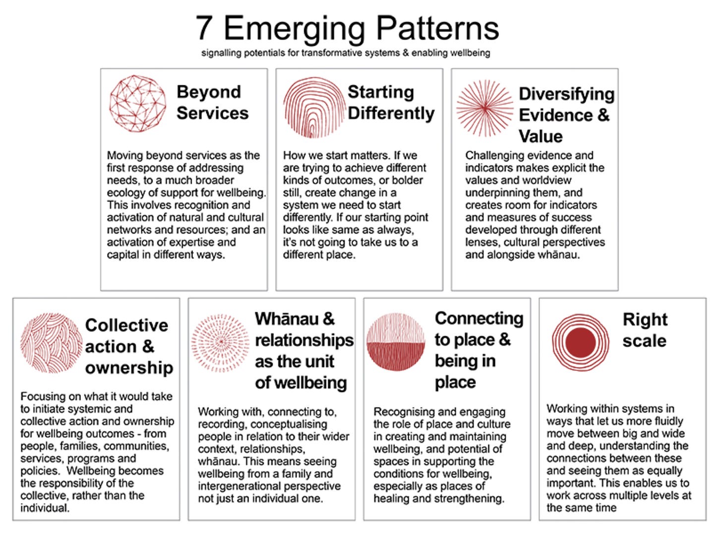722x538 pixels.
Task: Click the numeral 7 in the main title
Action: [205, 28]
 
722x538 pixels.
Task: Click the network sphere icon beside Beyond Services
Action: [138, 103]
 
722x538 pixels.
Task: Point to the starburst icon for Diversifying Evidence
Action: [484, 108]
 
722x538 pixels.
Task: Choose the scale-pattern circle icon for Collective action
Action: [51, 343]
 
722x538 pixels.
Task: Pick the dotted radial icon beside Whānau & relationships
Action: [221, 343]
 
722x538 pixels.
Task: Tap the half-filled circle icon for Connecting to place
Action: [396, 342]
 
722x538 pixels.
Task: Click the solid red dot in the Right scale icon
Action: [580, 342]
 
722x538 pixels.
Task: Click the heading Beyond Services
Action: [212, 102]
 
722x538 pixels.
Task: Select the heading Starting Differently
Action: [391, 102]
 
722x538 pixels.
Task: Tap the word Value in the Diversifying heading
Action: [541, 136]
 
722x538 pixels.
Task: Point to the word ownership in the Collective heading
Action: [129, 367]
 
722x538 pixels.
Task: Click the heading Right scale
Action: [645, 330]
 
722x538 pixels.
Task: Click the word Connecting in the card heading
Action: [479, 318]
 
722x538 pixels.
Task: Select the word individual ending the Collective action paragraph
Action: [44, 508]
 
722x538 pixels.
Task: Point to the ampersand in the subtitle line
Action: [406, 53]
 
